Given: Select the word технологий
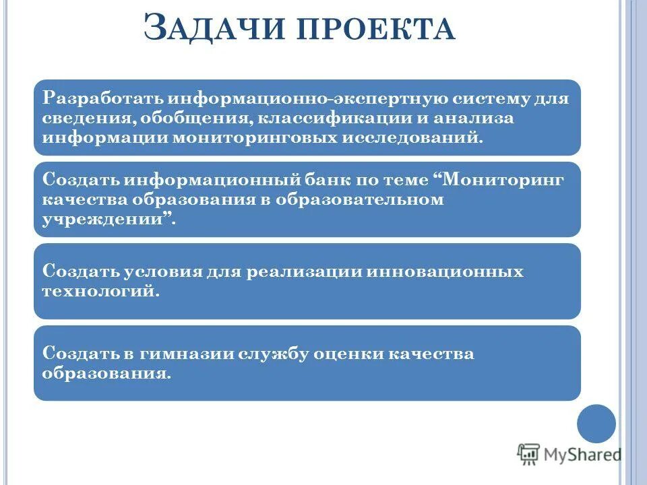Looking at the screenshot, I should tap(100, 291).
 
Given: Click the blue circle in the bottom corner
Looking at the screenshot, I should tap(596, 424).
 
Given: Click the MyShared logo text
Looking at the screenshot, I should tap(582, 454).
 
